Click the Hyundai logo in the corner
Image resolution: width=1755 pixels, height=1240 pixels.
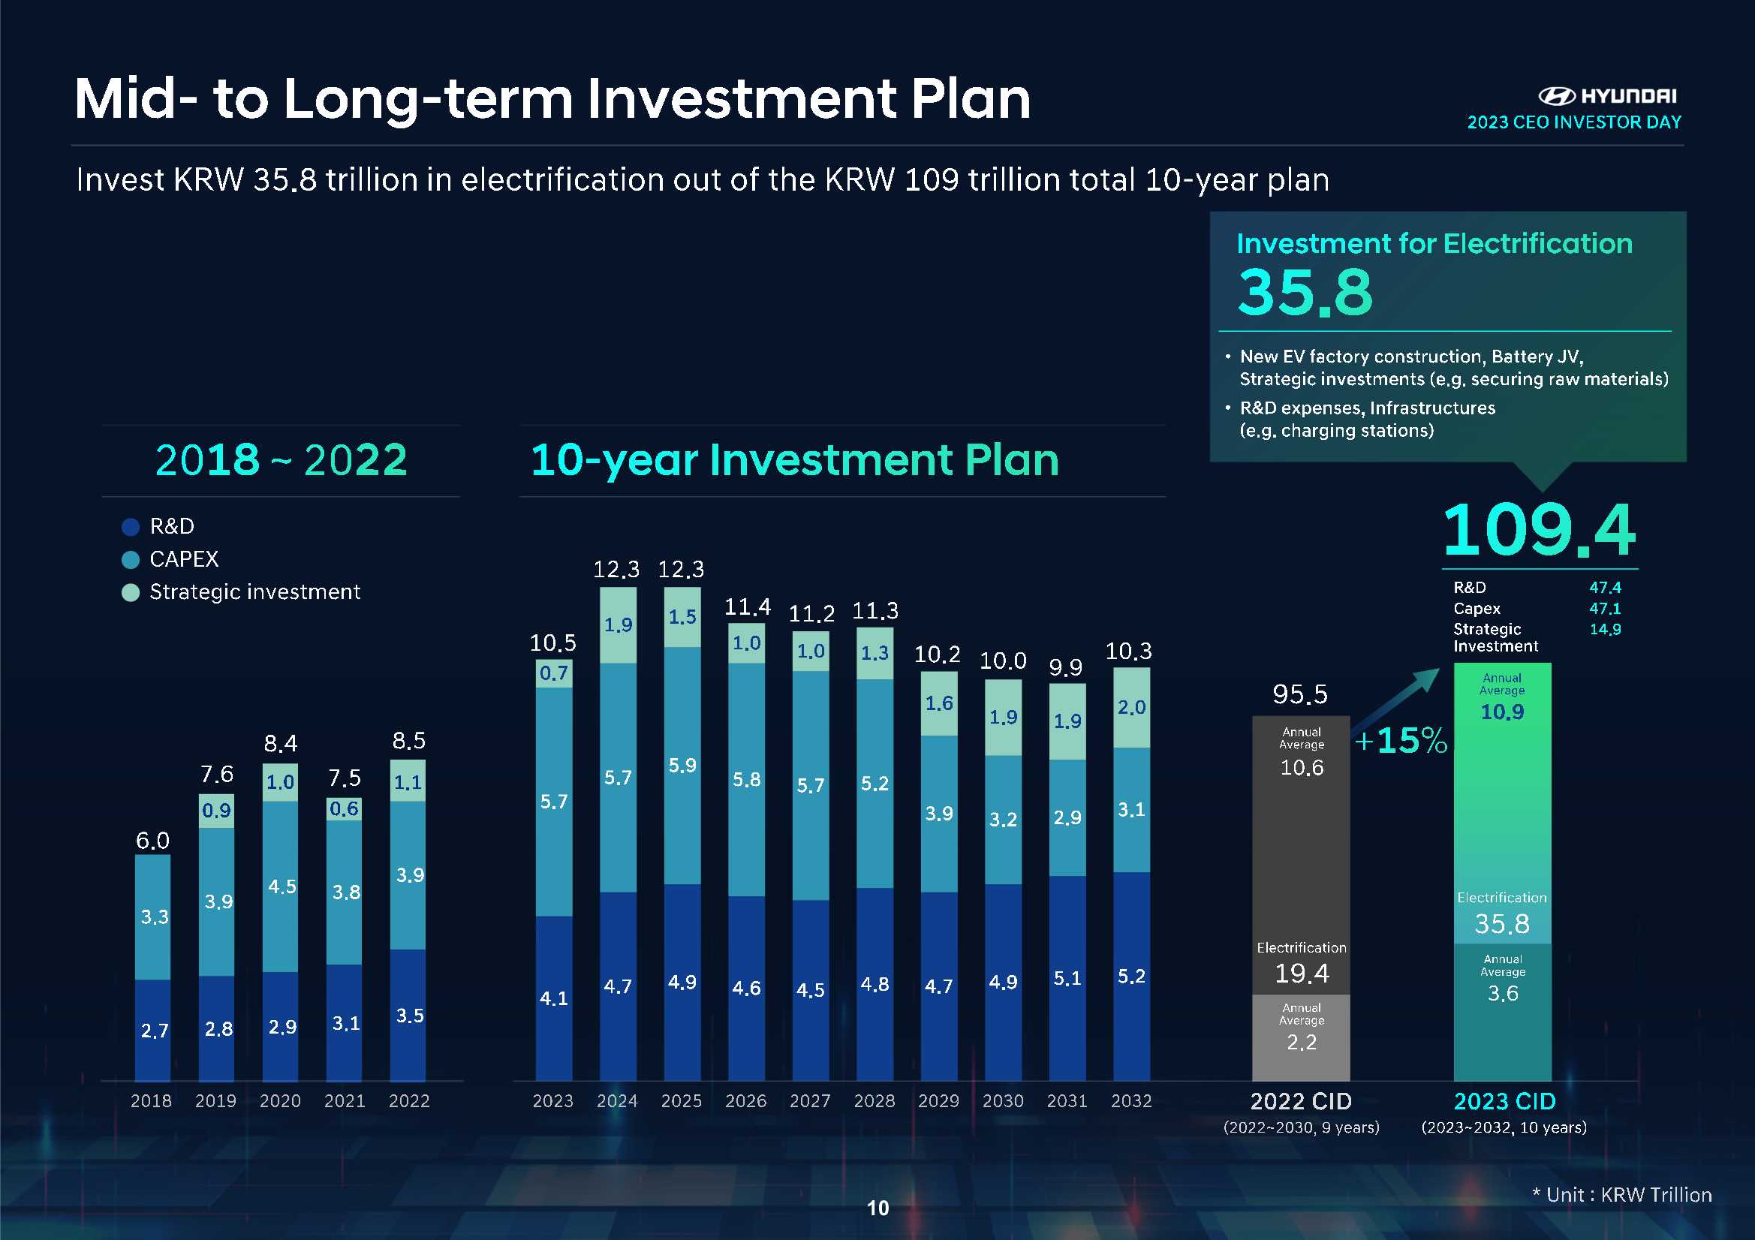click(1556, 96)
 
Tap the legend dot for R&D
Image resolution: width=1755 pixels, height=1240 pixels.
click(131, 527)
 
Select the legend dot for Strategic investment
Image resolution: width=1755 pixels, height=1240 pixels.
click(131, 592)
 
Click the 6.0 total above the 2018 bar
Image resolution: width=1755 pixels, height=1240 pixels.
click(153, 841)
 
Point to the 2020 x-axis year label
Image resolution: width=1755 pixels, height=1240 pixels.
click(280, 1101)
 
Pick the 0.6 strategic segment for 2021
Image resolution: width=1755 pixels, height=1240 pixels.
click(344, 809)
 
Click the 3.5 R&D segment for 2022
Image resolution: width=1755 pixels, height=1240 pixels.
click(410, 1016)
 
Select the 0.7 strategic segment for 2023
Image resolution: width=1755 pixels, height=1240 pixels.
click(553, 673)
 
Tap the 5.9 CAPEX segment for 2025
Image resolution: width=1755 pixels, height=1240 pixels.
click(682, 766)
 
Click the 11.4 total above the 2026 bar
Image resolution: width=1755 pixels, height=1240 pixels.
click(747, 607)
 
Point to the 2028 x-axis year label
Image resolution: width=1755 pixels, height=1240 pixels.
click(874, 1101)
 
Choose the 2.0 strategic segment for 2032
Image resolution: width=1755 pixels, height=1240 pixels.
click(1131, 707)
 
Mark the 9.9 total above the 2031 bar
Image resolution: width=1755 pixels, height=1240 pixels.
click(1066, 667)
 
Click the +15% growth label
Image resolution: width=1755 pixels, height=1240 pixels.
click(1401, 740)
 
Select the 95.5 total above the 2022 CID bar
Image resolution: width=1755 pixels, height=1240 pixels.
click(1300, 694)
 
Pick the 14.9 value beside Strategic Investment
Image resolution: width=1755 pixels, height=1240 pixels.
click(1605, 629)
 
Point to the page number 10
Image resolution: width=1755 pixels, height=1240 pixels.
click(878, 1208)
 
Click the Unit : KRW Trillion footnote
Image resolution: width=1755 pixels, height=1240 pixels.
click(1622, 1195)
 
